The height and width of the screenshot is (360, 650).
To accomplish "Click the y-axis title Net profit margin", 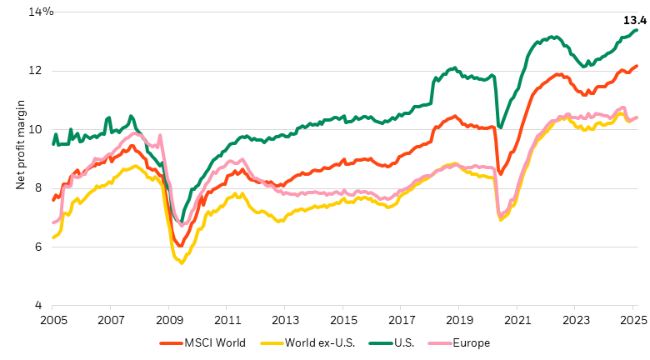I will coord(22,158).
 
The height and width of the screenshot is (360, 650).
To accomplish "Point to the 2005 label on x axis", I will coord(53,320).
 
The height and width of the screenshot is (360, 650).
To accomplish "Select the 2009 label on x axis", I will coord(169,320).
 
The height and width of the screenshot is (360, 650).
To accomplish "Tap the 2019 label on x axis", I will coord(459,320).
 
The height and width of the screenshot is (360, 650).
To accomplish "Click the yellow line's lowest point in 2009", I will coord(182,263).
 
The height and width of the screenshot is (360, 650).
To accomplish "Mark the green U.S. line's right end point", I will coord(637,30).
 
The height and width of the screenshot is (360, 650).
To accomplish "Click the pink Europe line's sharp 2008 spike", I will coord(160,135).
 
